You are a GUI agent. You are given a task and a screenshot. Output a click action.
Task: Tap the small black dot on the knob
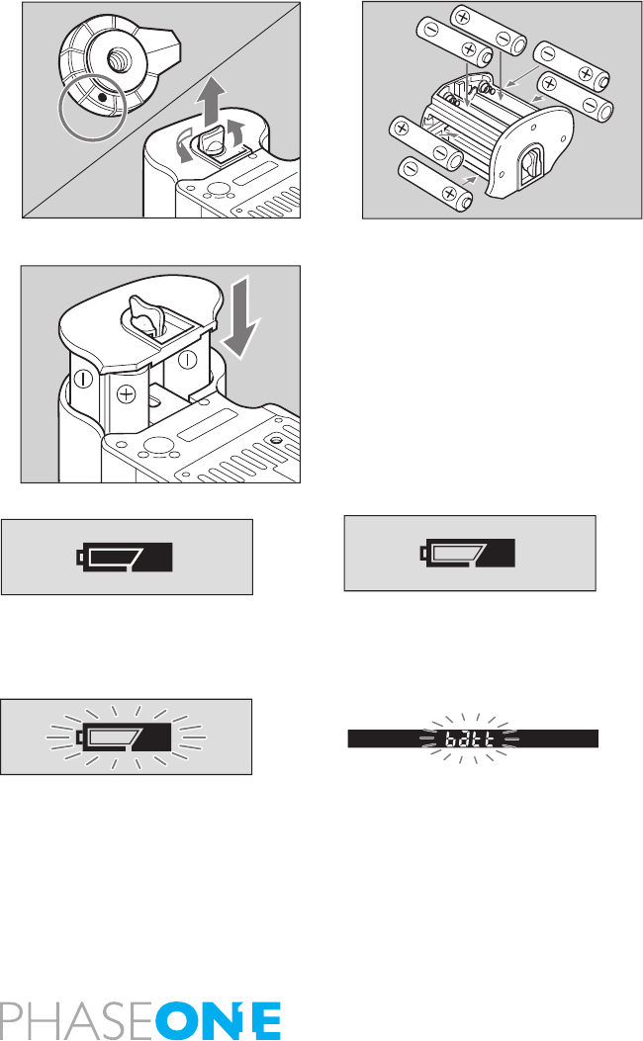102,97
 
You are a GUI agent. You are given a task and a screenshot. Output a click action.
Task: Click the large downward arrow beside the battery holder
242,316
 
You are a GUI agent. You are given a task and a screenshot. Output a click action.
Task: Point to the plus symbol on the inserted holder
126,394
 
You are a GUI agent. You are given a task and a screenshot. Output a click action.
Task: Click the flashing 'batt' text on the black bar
469,738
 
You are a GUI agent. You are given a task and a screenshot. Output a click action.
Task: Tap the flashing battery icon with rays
125,737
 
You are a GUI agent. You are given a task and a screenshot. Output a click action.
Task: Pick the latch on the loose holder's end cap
529,166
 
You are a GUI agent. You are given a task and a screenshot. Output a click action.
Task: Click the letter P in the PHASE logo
12,1020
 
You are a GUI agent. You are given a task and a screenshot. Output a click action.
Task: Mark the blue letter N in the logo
224,1020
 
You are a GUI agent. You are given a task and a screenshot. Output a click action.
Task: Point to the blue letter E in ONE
267,1020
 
